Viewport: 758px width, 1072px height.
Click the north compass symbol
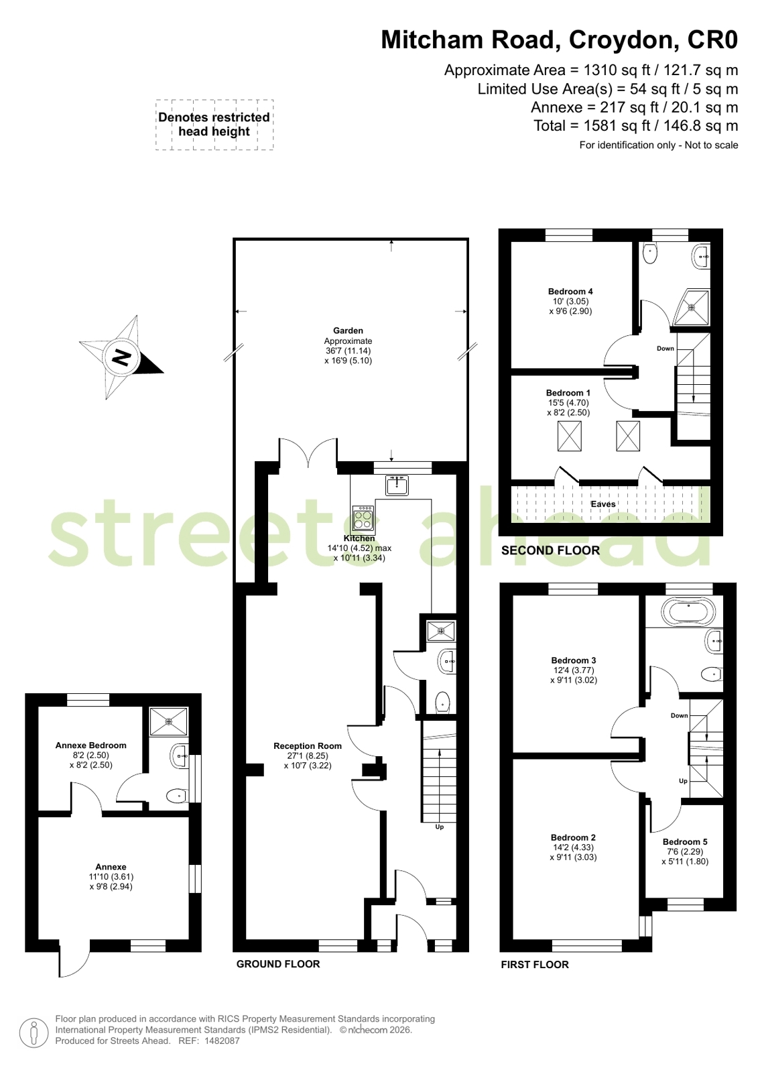(x=121, y=357)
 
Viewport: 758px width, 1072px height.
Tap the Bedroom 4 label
(x=570, y=292)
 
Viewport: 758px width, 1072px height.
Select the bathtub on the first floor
(x=688, y=612)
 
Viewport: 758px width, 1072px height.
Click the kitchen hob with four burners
(x=363, y=518)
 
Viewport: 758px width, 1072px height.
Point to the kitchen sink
(x=397, y=486)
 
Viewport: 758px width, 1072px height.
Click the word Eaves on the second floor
(x=603, y=504)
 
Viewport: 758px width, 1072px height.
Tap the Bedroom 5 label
(x=685, y=842)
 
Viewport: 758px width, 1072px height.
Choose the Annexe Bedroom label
(x=91, y=745)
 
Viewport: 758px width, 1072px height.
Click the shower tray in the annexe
(x=168, y=721)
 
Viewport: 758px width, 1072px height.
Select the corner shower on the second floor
(x=692, y=306)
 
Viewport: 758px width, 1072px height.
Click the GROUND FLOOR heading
(x=278, y=964)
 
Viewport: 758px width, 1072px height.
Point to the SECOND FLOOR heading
(x=550, y=550)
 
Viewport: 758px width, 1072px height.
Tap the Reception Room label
(x=308, y=746)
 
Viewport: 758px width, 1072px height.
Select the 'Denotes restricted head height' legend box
(x=214, y=125)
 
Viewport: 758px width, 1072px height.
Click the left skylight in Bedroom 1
(x=570, y=436)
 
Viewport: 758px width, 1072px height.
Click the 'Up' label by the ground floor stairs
(x=439, y=827)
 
